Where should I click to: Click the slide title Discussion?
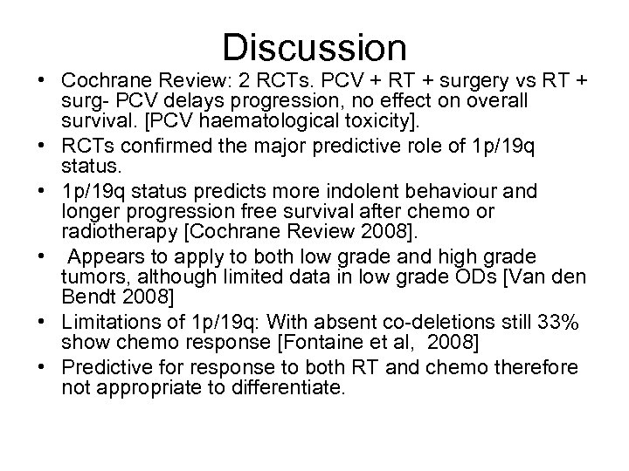point(314,46)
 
